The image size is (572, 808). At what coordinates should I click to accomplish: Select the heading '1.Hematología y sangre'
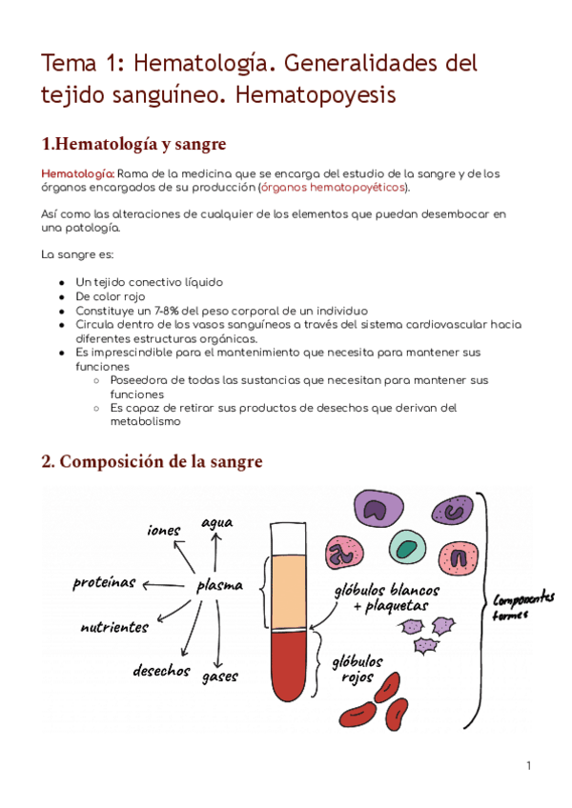[133, 145]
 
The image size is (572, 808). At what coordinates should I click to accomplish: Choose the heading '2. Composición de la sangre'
[151, 462]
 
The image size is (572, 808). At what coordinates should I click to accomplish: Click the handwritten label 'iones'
[163, 530]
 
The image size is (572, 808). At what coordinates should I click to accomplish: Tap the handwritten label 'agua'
[216, 522]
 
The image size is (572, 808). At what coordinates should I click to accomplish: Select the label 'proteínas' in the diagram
[104, 582]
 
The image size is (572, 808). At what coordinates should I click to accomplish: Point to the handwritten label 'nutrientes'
[114, 628]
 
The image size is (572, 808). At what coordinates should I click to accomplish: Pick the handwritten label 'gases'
[219, 677]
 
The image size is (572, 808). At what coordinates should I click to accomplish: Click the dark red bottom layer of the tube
[287, 667]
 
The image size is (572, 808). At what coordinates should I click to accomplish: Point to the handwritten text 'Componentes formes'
[523, 606]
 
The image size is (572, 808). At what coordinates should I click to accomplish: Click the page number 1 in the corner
[527, 765]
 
